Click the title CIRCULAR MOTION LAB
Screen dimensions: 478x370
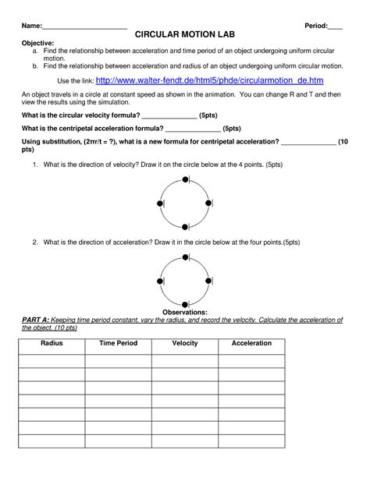[x=184, y=36]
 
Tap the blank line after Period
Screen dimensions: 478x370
[x=335, y=27]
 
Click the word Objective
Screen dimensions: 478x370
[x=37, y=44]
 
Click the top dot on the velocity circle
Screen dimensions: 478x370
[x=185, y=180]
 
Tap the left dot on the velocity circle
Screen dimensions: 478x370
[x=161, y=204]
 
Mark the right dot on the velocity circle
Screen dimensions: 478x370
[x=209, y=204]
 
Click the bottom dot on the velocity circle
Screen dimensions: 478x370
[x=185, y=227]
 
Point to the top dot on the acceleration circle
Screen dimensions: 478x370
[x=185, y=256]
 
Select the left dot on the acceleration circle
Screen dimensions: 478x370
[x=161, y=280]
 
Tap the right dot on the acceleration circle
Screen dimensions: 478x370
[x=209, y=280]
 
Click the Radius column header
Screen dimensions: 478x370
[x=52, y=343]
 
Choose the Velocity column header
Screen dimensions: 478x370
[x=185, y=343]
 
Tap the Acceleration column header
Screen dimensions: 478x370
[x=251, y=343]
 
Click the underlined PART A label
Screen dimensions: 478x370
[x=37, y=320]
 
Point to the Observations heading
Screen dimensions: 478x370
[x=184, y=312]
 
